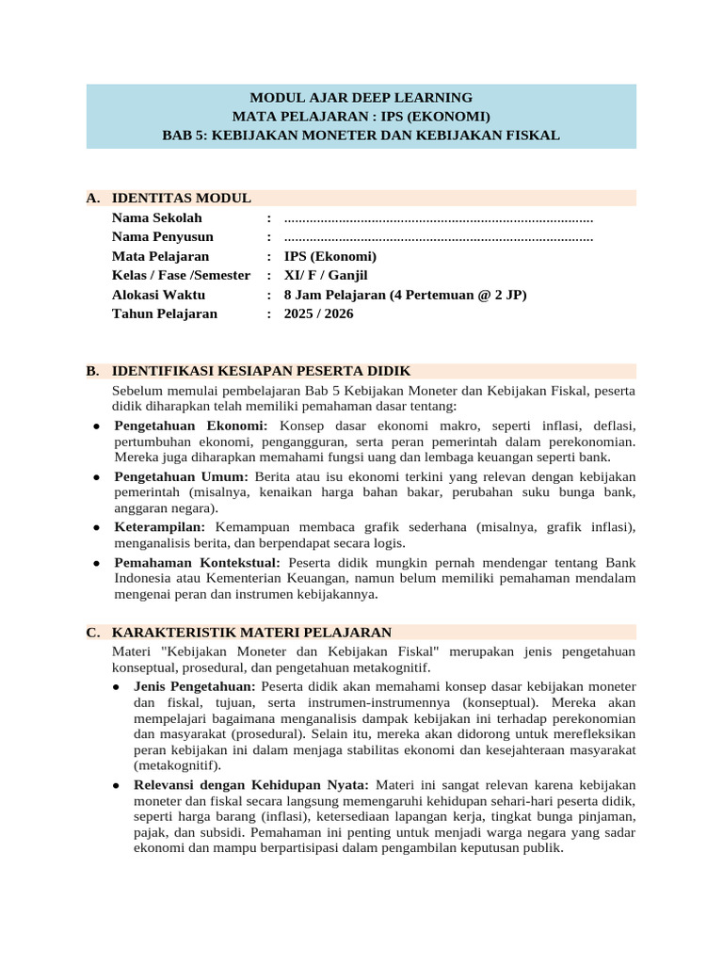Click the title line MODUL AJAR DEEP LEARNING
(361, 97)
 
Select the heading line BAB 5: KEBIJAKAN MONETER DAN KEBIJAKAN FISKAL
(361, 135)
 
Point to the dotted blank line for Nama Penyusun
(438, 237)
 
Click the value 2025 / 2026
(318, 313)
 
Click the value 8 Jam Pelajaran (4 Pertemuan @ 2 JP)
(405, 295)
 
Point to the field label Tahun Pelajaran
(164, 313)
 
